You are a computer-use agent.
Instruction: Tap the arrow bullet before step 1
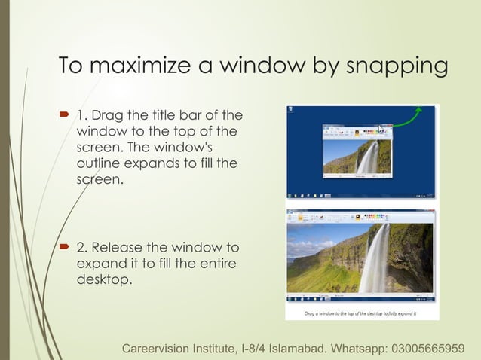[x=66, y=115]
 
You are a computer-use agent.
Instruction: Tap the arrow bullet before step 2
[x=66, y=248]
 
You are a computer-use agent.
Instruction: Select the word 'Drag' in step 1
[x=107, y=115]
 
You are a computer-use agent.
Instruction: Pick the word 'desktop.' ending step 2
[x=104, y=281]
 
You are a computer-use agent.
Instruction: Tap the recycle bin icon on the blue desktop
[x=292, y=114]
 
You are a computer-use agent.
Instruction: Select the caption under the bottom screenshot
[x=361, y=313]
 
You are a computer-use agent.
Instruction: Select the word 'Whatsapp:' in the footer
[x=357, y=349]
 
